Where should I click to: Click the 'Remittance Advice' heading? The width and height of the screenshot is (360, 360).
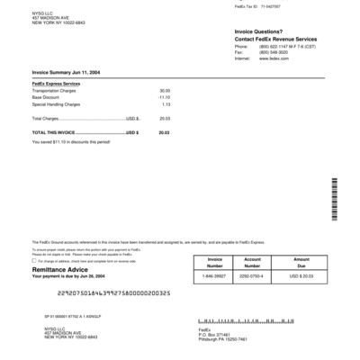[60, 269]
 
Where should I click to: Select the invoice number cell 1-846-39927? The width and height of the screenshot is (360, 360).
[214, 275]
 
